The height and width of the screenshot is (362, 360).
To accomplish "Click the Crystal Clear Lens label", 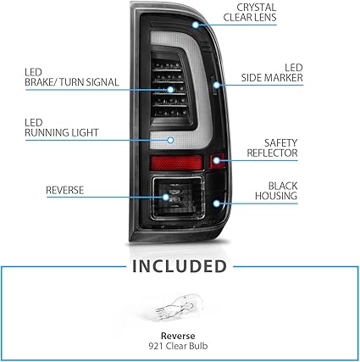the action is tap(250, 13).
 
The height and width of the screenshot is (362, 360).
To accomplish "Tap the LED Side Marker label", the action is tap(272, 73).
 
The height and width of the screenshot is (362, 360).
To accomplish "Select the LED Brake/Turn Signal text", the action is tap(72, 77).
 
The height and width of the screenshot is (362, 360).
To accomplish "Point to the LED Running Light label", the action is tap(62, 128).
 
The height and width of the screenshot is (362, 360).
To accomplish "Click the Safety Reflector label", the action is tap(272, 148).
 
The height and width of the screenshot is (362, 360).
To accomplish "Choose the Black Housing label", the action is tap(276, 191).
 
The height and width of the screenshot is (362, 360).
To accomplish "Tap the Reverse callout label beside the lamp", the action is tap(65, 190).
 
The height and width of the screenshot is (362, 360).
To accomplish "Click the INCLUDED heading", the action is tap(180, 266).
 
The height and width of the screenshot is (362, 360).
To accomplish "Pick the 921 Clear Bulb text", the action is tap(178, 346).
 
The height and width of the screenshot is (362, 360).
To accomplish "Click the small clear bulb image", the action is tap(179, 308).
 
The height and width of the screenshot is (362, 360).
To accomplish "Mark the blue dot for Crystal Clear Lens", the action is tap(196, 25).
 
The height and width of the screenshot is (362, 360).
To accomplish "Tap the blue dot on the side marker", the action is tap(216, 85).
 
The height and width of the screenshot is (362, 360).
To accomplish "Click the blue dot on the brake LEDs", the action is tap(170, 90).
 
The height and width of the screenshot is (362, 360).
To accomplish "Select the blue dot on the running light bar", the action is tap(170, 140).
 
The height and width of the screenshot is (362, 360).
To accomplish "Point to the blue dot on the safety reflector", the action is tap(216, 160).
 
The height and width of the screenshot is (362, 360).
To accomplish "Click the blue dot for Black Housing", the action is tap(216, 203).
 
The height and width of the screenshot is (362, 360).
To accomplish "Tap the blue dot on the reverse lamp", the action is tap(166, 197).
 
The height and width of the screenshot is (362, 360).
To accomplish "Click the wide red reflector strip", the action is tap(176, 163).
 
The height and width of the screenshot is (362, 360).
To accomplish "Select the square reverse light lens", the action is tap(178, 198).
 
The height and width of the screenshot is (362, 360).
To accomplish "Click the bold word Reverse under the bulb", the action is tap(178, 336).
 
